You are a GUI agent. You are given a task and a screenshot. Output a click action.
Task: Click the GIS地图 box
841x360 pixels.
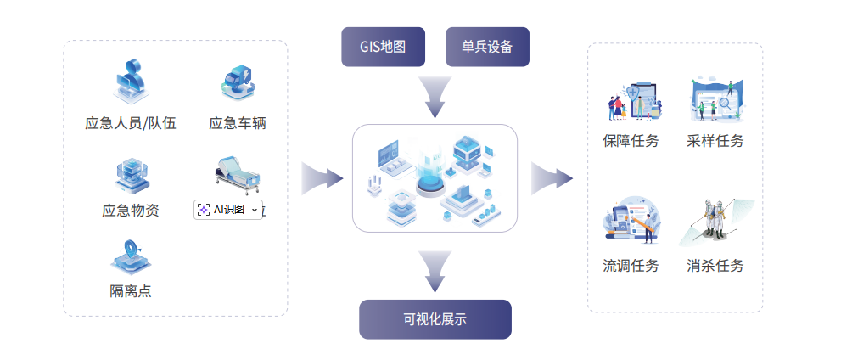(x=384, y=47)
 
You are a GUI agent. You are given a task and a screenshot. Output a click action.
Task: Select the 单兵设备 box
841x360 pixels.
(x=487, y=47)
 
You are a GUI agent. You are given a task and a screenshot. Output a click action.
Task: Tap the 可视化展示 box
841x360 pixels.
(x=435, y=319)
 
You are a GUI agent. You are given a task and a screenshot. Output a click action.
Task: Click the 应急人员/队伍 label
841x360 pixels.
(x=131, y=123)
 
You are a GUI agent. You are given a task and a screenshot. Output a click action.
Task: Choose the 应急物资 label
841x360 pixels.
(x=131, y=210)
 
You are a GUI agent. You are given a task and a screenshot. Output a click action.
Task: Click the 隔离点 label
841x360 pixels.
(x=131, y=291)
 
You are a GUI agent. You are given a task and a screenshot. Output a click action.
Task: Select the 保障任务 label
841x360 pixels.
(x=631, y=140)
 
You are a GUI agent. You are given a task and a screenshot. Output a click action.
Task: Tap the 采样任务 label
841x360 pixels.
(x=715, y=140)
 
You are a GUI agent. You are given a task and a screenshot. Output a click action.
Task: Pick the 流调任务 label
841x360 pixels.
(x=631, y=266)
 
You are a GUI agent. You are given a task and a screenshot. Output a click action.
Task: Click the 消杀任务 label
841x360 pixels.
(x=715, y=266)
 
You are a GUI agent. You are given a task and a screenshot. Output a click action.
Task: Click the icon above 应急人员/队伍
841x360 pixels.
(x=131, y=82)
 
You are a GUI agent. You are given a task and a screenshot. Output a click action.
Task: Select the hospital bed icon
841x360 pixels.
(x=237, y=173)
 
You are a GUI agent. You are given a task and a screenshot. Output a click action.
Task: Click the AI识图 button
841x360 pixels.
(x=227, y=209)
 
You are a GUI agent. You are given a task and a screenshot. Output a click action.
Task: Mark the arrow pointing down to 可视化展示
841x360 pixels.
(x=435, y=271)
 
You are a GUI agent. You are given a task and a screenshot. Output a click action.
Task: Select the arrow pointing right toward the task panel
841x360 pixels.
(x=552, y=178)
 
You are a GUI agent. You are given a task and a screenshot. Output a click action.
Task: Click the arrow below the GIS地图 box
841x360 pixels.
(x=435, y=97)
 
